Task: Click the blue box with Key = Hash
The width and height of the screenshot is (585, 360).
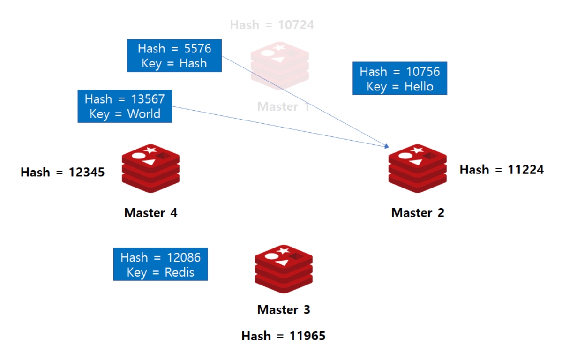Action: (174, 56)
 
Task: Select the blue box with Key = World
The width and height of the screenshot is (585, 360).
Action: (125, 106)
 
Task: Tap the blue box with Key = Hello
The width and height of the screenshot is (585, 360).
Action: (399, 79)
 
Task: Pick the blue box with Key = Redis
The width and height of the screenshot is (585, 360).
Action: (160, 265)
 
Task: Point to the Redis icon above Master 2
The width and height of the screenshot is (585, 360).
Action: (417, 169)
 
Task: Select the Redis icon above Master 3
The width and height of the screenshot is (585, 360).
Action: (284, 269)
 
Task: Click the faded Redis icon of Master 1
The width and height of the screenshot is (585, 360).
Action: (280, 66)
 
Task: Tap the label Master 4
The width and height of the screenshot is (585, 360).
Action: (150, 213)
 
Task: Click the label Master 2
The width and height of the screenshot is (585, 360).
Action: (418, 213)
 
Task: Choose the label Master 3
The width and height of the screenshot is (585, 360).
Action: (284, 310)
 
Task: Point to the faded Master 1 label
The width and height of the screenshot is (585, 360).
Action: (283, 106)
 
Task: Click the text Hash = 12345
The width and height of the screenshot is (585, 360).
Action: (62, 172)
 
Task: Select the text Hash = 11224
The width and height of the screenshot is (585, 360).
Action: (502, 170)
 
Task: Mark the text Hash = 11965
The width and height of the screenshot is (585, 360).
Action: (283, 336)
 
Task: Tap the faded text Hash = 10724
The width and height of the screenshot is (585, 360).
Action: (272, 25)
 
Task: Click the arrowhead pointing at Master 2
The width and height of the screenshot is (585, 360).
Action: (387, 146)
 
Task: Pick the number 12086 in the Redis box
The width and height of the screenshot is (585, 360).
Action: (183, 257)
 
